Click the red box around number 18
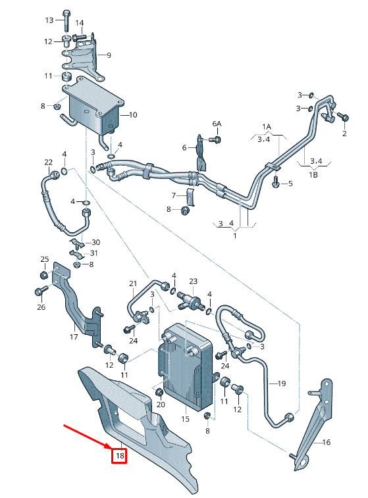[119, 456]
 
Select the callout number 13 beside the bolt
[49, 20]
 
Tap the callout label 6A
[217, 124]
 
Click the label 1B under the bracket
[313, 175]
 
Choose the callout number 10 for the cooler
[133, 114]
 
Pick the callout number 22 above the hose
[48, 162]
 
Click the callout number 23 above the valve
[193, 282]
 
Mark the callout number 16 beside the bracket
[327, 442]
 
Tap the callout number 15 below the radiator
[185, 419]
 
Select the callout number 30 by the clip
[95, 242]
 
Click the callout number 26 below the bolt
[41, 307]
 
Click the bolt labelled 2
[343, 117]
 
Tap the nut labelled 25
[44, 275]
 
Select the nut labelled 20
[159, 393]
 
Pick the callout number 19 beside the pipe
[282, 384]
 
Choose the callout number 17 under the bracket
[74, 337]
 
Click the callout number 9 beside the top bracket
[109, 55]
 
